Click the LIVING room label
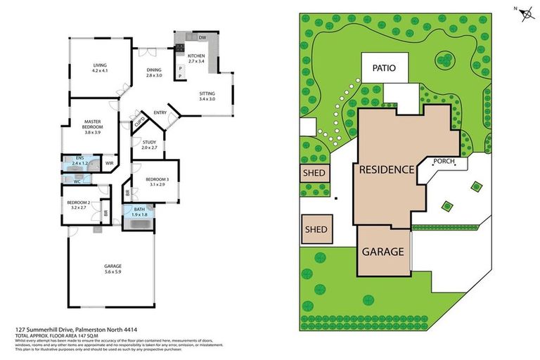100,65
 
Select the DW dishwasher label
202,37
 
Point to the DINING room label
154,70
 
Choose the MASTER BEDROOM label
93,124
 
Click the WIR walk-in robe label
109,163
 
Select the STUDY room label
149,143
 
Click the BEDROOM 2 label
77,203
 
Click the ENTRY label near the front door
160,112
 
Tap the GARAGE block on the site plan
382,251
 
